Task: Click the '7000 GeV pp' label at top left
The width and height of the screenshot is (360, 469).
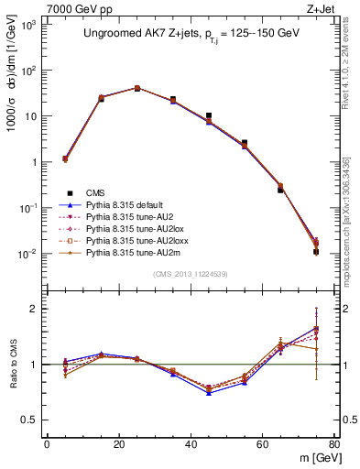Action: (x=39, y=7)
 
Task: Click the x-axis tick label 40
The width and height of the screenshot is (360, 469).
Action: (x=191, y=444)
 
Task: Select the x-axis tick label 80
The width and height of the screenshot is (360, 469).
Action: (x=334, y=444)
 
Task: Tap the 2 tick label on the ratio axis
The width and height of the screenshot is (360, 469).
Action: (x=33, y=309)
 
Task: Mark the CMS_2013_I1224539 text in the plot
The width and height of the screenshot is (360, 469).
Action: (x=191, y=274)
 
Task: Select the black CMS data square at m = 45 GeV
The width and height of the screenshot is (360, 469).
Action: (x=209, y=116)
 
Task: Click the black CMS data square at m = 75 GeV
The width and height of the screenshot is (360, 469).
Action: (x=316, y=251)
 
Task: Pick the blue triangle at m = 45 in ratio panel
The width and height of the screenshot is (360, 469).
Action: (x=209, y=393)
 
